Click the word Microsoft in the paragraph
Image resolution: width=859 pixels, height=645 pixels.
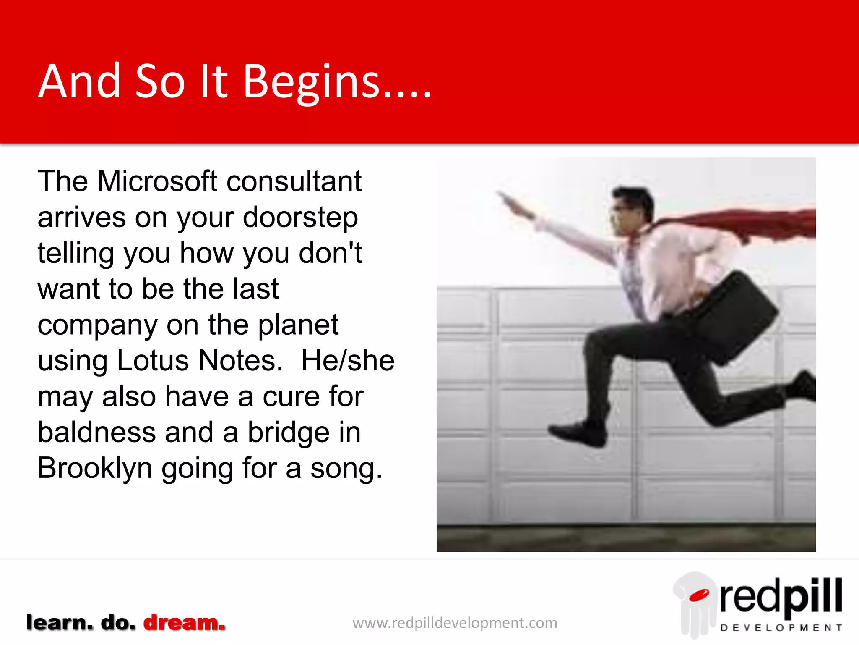(x=157, y=181)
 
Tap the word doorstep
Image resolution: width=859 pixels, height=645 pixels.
(x=300, y=218)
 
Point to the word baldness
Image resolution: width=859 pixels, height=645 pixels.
(x=96, y=433)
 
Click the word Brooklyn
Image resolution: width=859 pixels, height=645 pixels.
(x=95, y=469)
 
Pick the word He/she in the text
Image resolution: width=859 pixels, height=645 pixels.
(x=348, y=361)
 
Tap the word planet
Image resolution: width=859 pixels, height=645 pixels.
(x=298, y=325)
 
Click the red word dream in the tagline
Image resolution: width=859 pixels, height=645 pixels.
(x=184, y=623)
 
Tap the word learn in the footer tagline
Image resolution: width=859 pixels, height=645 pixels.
(x=59, y=623)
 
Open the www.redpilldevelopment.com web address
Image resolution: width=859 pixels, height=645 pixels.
(x=455, y=623)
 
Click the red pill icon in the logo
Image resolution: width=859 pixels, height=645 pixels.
(x=699, y=595)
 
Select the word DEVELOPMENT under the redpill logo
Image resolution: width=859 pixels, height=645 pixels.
(x=781, y=628)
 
